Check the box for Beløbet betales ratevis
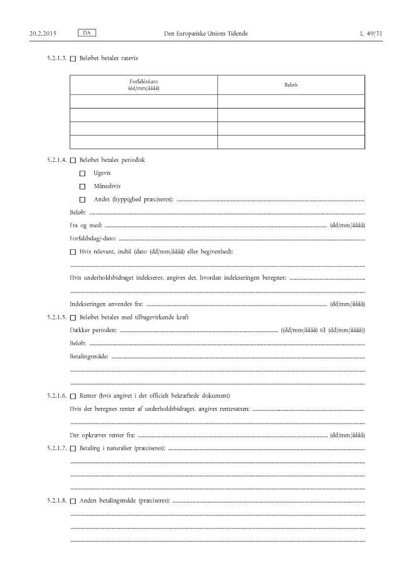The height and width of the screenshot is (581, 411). click(73, 59)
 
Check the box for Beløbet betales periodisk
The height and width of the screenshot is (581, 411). click(73, 160)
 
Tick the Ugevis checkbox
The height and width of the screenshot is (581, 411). click(82, 173)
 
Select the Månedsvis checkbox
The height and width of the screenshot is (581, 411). click(82, 186)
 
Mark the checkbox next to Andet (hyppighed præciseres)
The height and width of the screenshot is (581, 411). click(82, 200)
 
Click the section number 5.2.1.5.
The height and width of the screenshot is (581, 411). click(56, 317)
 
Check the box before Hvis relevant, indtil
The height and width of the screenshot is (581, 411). click(73, 252)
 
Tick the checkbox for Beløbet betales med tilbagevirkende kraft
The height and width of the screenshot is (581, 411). click(73, 317)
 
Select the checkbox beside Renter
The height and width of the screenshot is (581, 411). click(73, 396)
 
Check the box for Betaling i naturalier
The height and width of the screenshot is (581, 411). click(73, 449)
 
